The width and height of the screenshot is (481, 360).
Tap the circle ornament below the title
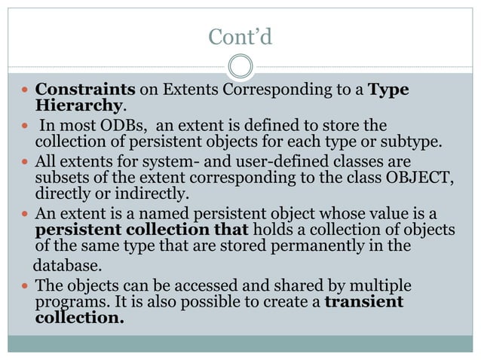click(240, 66)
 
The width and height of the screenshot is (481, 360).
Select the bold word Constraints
click(86, 90)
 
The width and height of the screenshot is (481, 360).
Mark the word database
click(66, 266)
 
